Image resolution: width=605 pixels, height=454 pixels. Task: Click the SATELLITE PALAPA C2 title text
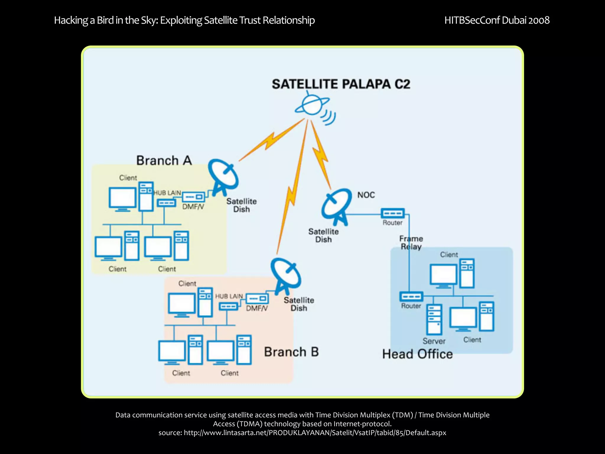[x=341, y=84]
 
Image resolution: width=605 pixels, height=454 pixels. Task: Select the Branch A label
[x=164, y=160]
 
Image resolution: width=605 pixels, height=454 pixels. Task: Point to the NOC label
[x=366, y=195]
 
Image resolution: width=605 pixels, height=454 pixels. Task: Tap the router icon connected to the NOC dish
[x=392, y=213]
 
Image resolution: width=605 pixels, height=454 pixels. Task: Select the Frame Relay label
[x=411, y=242]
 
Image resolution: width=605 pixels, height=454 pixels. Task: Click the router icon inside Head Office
[x=411, y=296]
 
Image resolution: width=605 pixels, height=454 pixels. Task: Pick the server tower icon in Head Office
[x=434, y=320]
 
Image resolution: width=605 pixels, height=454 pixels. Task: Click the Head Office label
[x=417, y=354]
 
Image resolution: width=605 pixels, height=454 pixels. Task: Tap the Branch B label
[x=291, y=352]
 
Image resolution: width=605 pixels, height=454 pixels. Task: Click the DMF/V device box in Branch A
[x=193, y=197]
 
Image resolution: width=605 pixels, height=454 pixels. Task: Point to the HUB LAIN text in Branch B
[x=229, y=296]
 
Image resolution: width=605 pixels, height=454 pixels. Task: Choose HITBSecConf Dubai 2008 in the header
[x=497, y=20]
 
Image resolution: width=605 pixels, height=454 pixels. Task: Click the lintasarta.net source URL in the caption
[x=315, y=433]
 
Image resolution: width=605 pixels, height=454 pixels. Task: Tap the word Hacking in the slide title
[x=71, y=20]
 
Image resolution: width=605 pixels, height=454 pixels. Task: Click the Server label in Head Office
[x=434, y=341]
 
